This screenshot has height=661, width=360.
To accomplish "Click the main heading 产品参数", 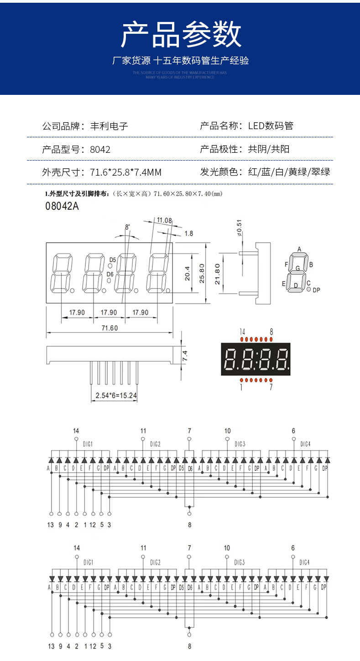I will coord(181,35).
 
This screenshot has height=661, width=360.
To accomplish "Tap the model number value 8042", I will coord(100,150).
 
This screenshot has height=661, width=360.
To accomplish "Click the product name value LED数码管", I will coord(271,126).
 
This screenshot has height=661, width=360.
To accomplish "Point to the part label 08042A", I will coord(62,206).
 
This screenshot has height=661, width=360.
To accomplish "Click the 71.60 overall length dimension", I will coord(109,328).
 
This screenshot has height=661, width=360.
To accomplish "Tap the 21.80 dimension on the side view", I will coord(218,274).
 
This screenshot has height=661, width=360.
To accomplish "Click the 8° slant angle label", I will coord(127,227).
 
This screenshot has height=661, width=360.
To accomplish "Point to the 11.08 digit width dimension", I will coord(164,220).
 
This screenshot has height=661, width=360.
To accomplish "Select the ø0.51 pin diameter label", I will coord(240,229).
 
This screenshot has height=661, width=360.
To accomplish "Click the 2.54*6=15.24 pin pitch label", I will coord(116,396).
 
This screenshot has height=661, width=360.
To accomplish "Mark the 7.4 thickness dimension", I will coord(185,354).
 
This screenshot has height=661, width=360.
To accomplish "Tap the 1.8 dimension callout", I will coord(188,234).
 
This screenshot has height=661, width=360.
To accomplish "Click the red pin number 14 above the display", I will coord(242,332).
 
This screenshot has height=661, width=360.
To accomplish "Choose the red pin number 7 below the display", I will coord(271,387).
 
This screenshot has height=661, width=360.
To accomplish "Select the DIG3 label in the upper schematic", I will coord(240,444).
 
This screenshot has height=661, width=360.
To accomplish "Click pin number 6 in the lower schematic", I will coord(293,548).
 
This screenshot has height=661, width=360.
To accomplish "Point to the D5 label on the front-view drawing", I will coord(112,260).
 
